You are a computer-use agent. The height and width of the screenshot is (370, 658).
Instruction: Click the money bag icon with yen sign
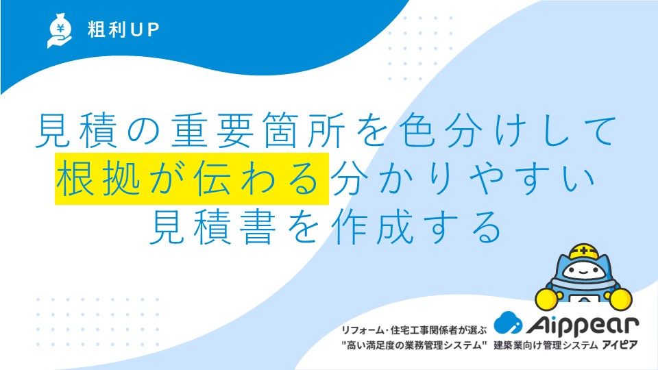59,31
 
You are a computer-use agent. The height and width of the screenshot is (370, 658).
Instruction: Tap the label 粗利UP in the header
123,29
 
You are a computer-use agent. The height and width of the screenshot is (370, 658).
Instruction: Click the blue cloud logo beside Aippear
508,323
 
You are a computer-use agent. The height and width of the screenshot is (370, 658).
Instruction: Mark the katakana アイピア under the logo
620,345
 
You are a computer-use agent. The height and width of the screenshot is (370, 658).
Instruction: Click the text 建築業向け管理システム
545,345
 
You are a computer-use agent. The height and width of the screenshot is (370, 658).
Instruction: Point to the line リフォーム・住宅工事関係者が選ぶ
413,330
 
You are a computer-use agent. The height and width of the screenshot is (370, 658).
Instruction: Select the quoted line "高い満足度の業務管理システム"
413,345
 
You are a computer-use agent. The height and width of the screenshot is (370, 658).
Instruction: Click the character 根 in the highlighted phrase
75,178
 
